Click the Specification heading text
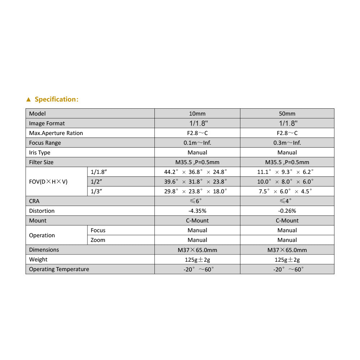pos(56,99)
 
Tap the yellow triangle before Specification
pos(29,99)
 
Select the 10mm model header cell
pos(197,114)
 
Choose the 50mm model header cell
pos(287,114)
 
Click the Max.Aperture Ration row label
pos(56,133)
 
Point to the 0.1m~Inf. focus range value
pos(197,143)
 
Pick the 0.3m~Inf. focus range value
pos(287,143)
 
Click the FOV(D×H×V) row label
pos(48,182)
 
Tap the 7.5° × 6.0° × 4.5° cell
pos(285,192)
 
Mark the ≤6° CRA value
pos(197,201)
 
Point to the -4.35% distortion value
pos(197,211)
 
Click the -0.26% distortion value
pos(287,211)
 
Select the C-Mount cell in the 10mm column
pos(197,221)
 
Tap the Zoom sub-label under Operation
pos(98,240)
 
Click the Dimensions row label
pos(44,250)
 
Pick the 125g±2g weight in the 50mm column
pos(287,260)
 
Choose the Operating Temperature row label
pos(59,269)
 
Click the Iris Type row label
pos(40,153)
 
